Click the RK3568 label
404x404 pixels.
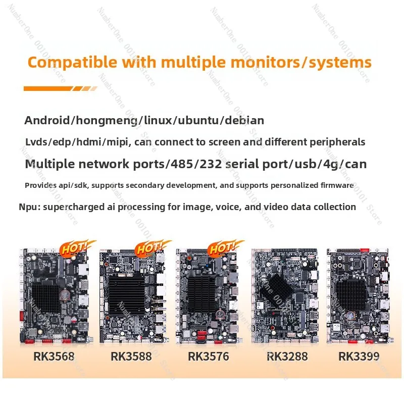pyautogui.click(x=54, y=357)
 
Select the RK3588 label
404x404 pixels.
pyautogui.click(x=131, y=357)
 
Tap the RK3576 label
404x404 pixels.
pyautogui.click(x=209, y=357)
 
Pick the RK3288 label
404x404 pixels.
pyautogui.click(x=287, y=357)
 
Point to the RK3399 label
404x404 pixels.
pyautogui.click(x=359, y=357)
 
